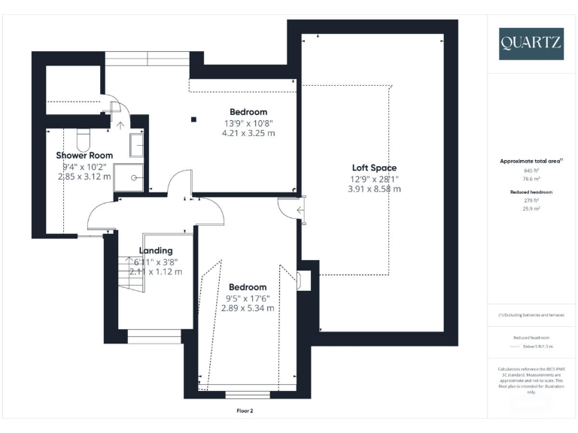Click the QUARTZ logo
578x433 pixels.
tap(531, 44)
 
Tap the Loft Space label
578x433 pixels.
tap(374, 168)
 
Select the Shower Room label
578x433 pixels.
tap(84, 156)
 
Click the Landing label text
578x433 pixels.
tap(156, 250)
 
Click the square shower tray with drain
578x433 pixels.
tap(135, 178)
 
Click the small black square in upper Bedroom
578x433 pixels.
tap(193, 118)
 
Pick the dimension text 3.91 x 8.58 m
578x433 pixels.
tap(374, 189)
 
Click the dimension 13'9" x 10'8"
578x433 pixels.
tap(248, 123)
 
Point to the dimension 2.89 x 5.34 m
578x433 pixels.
tap(248, 308)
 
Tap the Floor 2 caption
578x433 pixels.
tap(248, 411)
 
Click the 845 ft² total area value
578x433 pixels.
tap(532, 171)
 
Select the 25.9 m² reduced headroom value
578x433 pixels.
tap(532, 208)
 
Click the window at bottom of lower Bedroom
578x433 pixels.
tap(248, 394)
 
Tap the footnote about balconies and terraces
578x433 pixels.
tap(531, 315)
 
